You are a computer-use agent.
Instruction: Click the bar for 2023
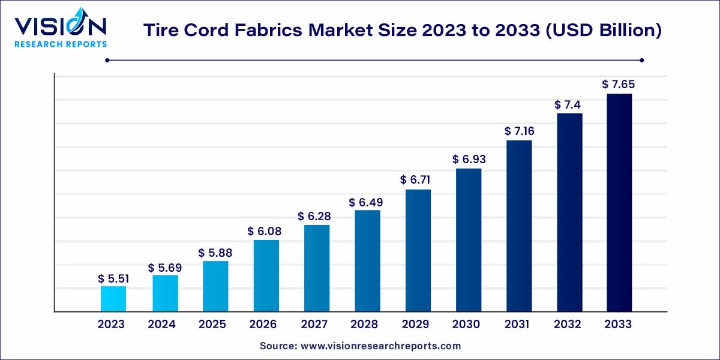(x=113, y=299)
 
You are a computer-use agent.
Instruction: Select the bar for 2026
(x=266, y=275)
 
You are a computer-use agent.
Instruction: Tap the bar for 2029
(x=418, y=250)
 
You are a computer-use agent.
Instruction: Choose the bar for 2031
(x=519, y=226)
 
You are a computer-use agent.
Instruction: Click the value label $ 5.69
(x=164, y=267)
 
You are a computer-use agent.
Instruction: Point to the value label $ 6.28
(x=316, y=216)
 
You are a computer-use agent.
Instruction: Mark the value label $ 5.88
(x=215, y=253)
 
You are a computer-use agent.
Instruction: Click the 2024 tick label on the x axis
(x=161, y=325)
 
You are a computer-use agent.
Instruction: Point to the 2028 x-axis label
(x=365, y=325)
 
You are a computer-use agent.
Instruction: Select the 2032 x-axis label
(x=568, y=325)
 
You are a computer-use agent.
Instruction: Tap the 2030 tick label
(x=466, y=325)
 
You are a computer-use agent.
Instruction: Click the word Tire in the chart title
(x=159, y=31)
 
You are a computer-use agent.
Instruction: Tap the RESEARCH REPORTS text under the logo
(x=61, y=44)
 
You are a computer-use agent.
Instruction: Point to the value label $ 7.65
(x=619, y=85)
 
